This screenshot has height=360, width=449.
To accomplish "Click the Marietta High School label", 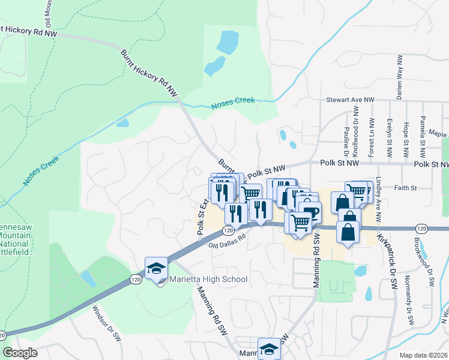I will [208, 279].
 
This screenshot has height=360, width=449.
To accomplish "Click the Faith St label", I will [406, 188].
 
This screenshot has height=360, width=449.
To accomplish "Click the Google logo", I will [20, 353].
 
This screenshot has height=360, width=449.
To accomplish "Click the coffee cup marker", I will [311, 212].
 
